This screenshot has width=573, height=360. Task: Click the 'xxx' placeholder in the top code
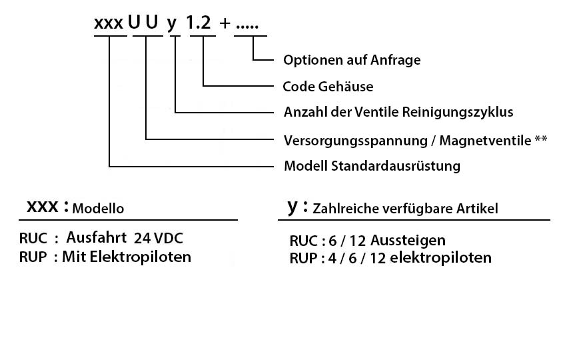click(x=109, y=23)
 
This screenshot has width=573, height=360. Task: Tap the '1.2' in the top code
click(x=199, y=23)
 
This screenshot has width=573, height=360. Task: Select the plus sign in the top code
click(x=225, y=23)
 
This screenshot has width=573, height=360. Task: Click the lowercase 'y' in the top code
click(x=172, y=25)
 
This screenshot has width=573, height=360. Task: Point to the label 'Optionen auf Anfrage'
click(x=352, y=60)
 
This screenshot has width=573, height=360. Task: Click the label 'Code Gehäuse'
click(x=328, y=87)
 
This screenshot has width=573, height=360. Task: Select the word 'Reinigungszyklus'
click(x=458, y=112)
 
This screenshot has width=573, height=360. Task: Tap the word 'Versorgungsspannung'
click(x=356, y=141)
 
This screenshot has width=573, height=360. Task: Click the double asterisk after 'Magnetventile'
click(x=541, y=139)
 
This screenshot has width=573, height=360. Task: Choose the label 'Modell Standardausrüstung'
click(x=372, y=166)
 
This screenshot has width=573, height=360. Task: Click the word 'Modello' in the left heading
click(x=98, y=208)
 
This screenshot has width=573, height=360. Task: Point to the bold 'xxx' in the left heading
click(x=43, y=207)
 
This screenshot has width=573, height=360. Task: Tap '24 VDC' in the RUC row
click(x=158, y=238)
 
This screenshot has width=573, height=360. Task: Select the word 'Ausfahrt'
click(x=97, y=237)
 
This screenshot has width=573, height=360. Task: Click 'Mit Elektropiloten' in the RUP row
click(x=127, y=257)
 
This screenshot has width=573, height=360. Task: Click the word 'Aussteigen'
click(x=408, y=241)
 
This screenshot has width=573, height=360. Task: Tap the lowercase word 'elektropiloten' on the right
click(x=440, y=257)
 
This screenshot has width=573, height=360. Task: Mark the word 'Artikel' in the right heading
click(x=477, y=209)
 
